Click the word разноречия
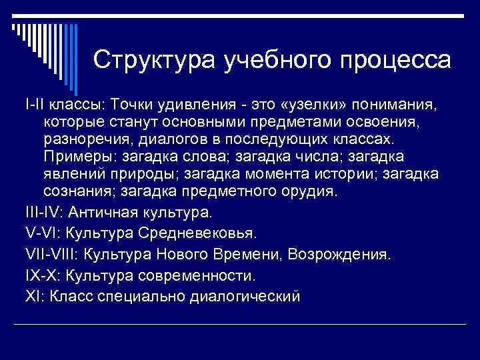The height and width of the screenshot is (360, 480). point(89,140)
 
